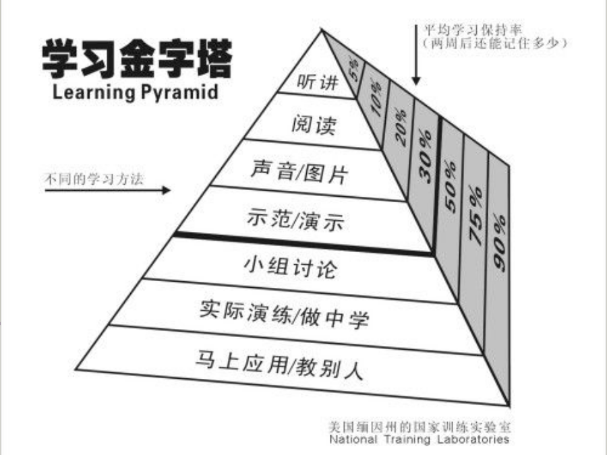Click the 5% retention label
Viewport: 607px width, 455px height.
(354, 69)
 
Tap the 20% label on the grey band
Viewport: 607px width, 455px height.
(401, 127)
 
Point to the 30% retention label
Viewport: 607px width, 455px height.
(425, 156)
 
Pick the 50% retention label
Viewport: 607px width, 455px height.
(451, 187)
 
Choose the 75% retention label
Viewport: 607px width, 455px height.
(476, 216)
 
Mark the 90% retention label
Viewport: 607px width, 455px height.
(500, 242)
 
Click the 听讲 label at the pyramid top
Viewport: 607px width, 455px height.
(318, 82)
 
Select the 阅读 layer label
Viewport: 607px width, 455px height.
(314, 125)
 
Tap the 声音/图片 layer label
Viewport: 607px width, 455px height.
(299, 171)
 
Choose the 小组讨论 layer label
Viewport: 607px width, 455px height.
(291, 266)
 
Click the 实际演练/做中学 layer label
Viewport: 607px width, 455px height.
(284, 313)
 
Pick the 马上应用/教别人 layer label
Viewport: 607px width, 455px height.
(279, 364)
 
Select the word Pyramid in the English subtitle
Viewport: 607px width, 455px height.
(179, 92)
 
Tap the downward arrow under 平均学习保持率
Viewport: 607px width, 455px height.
(416, 55)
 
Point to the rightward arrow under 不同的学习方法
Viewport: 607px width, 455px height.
(108, 190)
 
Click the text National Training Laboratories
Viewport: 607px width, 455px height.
(420, 439)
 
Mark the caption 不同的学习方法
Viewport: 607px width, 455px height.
(94, 179)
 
